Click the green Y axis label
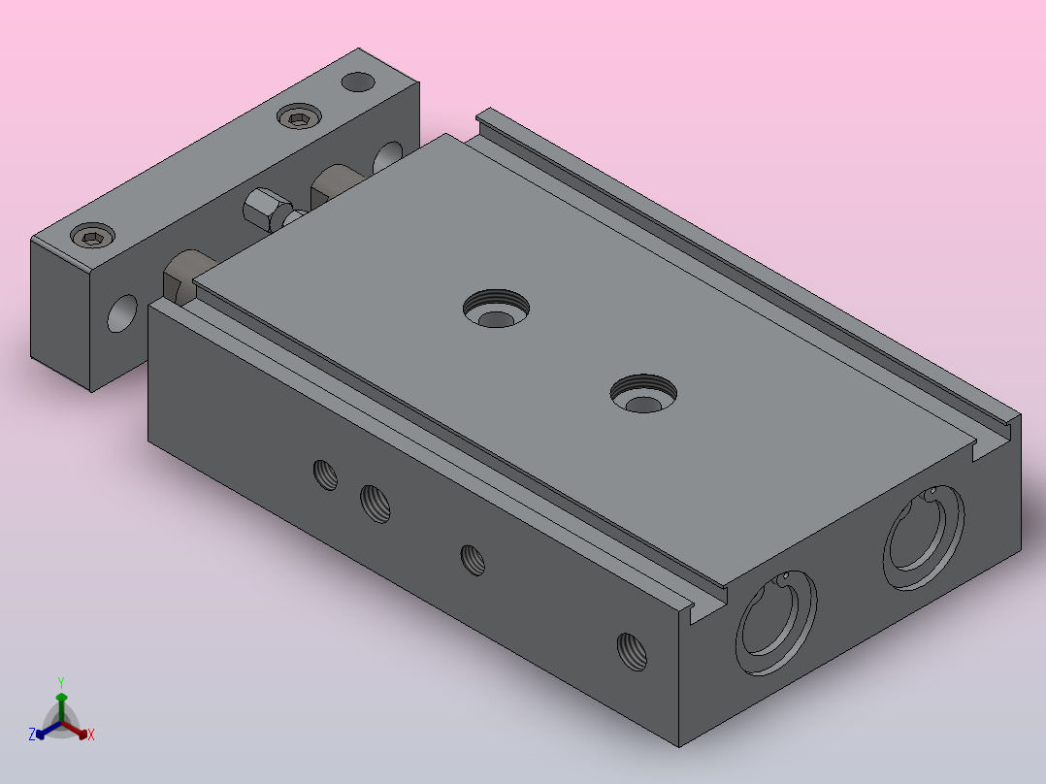61,683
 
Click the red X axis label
91,735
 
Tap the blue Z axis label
32,735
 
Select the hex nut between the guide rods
266,209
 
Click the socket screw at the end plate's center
299,117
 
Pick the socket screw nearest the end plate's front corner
93,236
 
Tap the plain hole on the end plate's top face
358,82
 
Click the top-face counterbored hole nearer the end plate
497,309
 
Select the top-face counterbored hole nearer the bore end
643,394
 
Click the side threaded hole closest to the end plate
326,475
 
